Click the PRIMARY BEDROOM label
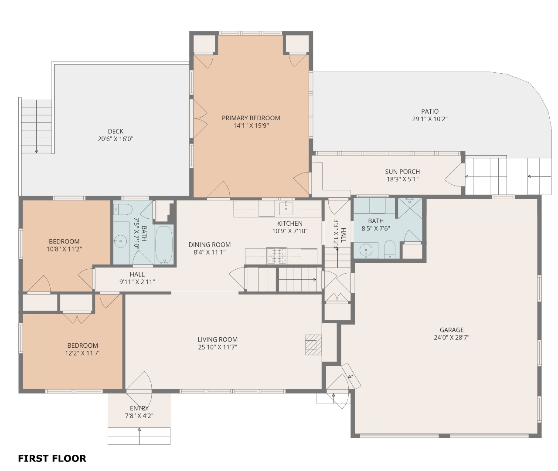[251, 118]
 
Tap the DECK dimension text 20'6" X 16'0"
[116, 139]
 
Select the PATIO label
[430, 111]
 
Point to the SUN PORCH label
[402, 172]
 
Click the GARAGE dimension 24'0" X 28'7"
[452, 337]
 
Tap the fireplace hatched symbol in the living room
[313, 345]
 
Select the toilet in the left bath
[123, 210]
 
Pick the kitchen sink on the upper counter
[286, 208]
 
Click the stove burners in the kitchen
[276, 255]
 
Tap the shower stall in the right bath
[410, 208]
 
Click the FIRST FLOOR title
[52, 458]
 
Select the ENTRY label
[139, 408]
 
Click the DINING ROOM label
[210, 245]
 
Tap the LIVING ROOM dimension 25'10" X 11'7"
[218, 347]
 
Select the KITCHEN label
[290, 224]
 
